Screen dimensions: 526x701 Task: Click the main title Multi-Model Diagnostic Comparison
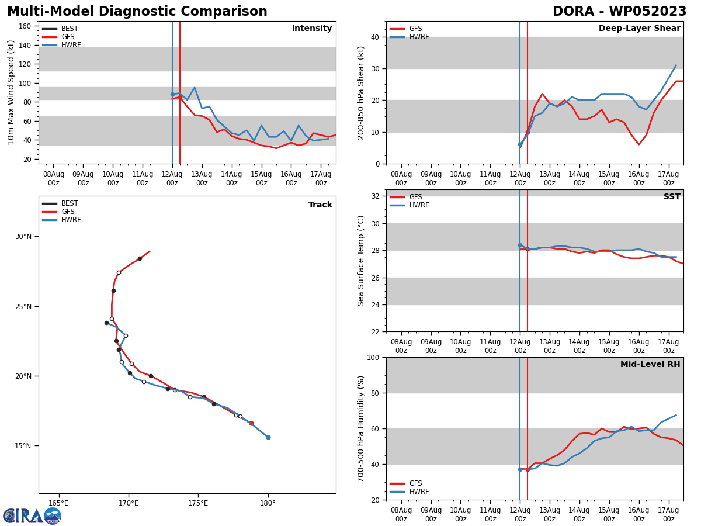point(137,12)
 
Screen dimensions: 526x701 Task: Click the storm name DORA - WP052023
point(619,12)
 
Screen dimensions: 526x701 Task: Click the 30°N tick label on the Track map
point(23,237)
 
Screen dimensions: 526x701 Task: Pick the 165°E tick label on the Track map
point(58,503)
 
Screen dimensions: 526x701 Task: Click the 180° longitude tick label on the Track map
point(268,503)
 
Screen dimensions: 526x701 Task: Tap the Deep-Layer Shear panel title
point(639,29)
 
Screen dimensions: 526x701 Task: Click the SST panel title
point(672,197)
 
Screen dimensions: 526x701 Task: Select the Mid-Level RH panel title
point(650,365)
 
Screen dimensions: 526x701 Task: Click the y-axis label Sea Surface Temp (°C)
point(361,261)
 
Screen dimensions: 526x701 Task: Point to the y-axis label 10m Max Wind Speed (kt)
point(12,92)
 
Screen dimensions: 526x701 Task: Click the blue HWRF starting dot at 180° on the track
point(268,437)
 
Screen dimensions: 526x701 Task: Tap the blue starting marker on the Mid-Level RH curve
point(520,469)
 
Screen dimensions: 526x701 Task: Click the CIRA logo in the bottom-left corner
point(32,515)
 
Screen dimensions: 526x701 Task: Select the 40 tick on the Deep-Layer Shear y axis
point(374,37)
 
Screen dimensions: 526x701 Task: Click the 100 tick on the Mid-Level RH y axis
point(372,357)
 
